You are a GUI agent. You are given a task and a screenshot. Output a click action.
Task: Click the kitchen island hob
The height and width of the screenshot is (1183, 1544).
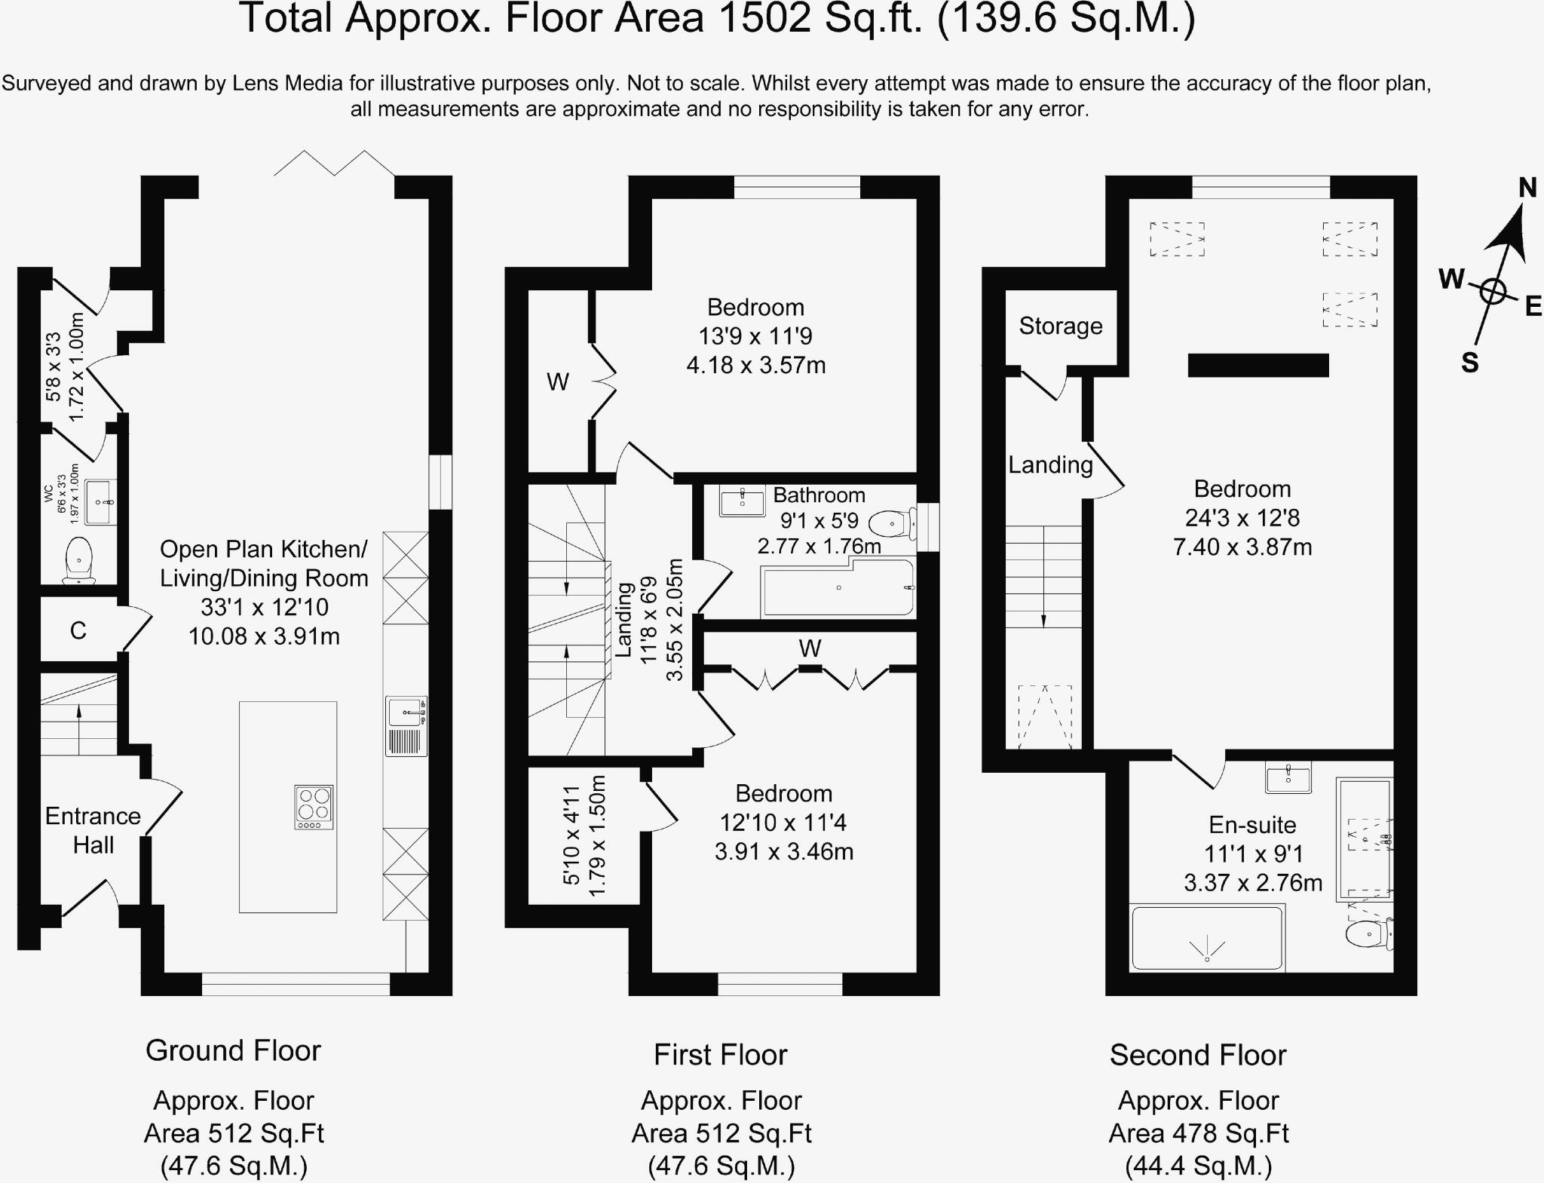(314, 807)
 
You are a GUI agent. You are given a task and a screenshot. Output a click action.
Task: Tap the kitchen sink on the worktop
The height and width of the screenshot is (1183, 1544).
(406, 712)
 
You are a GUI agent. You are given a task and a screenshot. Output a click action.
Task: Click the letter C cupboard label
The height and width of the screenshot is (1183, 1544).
(78, 630)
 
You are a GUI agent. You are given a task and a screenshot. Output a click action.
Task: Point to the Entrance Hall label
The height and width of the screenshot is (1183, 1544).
(93, 830)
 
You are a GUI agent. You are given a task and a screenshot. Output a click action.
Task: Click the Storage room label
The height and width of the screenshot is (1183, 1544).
(1060, 326)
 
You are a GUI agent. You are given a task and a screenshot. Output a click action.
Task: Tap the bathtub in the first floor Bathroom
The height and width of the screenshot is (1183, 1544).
(838, 588)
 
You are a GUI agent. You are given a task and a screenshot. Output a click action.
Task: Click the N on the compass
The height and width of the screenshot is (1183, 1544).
(1527, 188)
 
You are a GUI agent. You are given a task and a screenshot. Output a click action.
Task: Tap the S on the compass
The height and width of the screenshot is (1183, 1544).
(1469, 363)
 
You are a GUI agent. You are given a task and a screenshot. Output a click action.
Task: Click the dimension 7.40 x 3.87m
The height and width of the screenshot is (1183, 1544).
(1242, 547)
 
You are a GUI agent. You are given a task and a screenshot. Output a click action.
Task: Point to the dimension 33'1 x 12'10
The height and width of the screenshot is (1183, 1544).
(264, 607)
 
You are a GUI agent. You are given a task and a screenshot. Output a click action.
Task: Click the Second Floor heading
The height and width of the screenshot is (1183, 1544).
(1197, 1055)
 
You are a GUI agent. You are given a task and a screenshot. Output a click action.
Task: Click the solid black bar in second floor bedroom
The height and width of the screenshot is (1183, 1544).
(1258, 365)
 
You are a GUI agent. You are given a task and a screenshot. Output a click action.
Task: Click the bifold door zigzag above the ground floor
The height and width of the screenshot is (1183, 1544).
(334, 163)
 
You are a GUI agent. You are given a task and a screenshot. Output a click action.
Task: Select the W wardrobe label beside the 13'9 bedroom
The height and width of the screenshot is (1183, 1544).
(557, 382)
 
